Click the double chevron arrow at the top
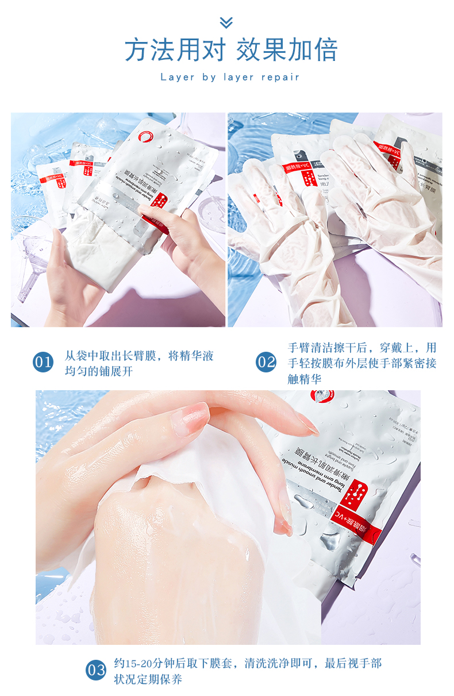point(226,22)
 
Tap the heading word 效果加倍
point(287,51)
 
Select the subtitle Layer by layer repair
point(230,77)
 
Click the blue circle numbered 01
point(43,363)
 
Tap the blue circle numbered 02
point(266,363)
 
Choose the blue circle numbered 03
point(96,670)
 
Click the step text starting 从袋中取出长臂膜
point(139,356)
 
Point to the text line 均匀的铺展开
point(98,371)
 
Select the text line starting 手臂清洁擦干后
point(362,348)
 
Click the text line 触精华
point(304,379)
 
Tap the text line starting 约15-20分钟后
point(247,663)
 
